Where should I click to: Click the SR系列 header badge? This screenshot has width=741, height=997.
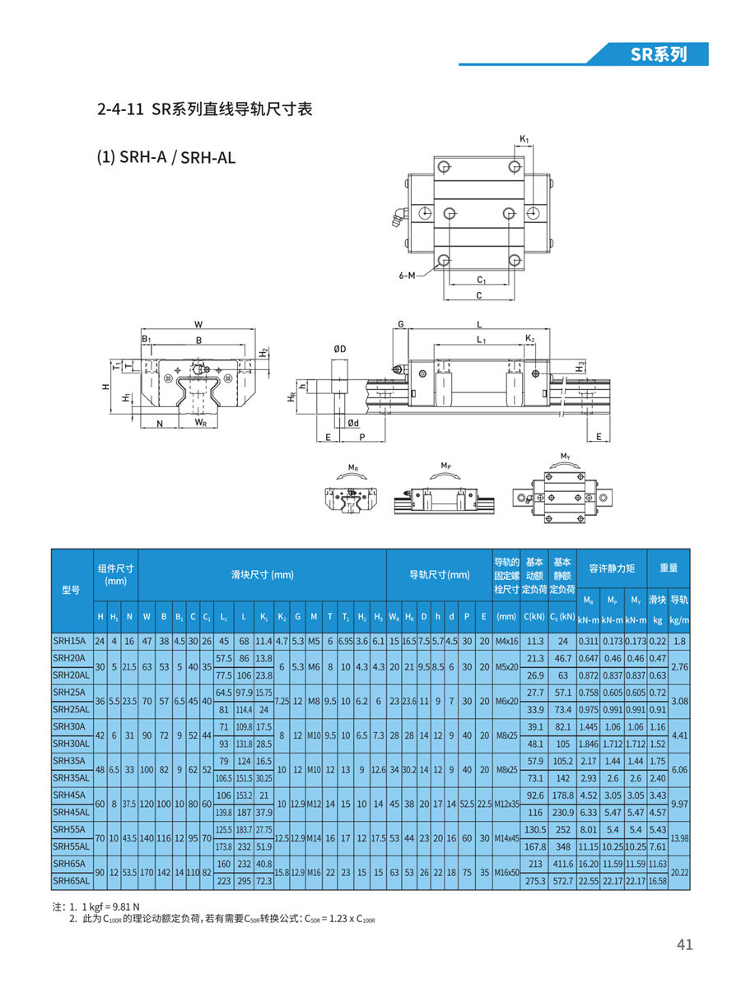point(658,54)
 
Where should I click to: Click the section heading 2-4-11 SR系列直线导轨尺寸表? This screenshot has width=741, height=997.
point(204,109)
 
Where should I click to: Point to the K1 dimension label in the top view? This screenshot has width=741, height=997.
point(524,139)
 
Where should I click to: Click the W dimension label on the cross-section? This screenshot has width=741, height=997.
point(198,324)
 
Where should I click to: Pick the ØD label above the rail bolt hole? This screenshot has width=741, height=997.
point(339,350)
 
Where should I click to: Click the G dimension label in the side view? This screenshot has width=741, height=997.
point(401,324)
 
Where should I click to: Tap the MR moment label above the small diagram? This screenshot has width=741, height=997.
point(352,467)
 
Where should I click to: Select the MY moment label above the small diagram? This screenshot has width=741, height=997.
point(565,456)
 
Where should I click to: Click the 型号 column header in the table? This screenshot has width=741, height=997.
point(71,590)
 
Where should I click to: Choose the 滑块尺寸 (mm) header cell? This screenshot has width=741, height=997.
point(262,575)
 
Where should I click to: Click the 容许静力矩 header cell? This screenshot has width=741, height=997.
point(612,568)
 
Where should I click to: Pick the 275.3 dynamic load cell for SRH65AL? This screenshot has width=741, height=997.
point(535,880)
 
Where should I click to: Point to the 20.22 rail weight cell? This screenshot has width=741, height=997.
point(678,872)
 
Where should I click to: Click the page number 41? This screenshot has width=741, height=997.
point(684,944)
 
